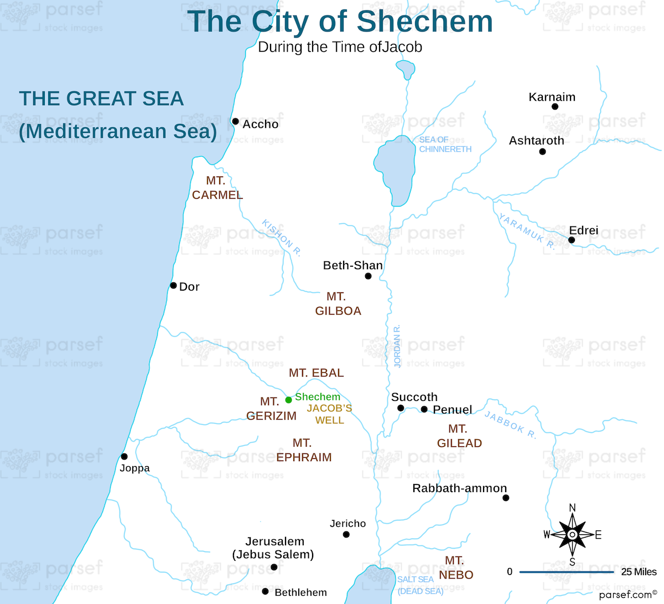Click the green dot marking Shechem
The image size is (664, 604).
point(288,400)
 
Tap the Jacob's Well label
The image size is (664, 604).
point(329,414)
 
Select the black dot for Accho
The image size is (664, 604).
point(235,121)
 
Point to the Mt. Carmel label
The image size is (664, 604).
point(217,188)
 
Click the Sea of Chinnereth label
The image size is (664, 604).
point(445,144)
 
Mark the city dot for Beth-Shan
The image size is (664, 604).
point(368,276)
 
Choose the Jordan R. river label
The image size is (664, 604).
point(397,347)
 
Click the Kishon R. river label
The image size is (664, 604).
point(282,238)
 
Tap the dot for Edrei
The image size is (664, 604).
point(572,240)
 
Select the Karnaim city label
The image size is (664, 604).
point(552,97)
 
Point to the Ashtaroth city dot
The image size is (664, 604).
point(542,151)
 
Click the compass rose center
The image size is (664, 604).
point(572,534)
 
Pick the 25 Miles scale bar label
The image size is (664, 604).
point(639,572)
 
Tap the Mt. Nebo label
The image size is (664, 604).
point(455,568)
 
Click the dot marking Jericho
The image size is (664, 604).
point(346,534)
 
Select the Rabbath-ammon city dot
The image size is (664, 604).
point(505,498)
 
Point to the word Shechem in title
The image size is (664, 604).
point(424,22)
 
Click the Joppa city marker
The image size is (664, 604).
point(124,457)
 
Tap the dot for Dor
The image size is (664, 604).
point(173,286)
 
